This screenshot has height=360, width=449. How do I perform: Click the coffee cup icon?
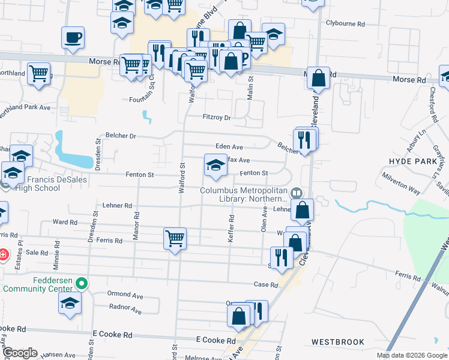[73, 38]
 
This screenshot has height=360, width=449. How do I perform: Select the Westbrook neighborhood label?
[337, 342]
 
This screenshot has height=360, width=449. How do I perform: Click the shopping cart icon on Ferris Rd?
[175, 238]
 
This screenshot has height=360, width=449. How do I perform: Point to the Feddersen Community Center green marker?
[83, 281]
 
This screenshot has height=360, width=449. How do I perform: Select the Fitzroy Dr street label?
[217, 118]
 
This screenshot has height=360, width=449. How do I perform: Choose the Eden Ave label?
[229, 147]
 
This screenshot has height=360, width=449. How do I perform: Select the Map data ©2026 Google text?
[412, 355]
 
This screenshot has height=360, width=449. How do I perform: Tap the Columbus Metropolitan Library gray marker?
[295, 193]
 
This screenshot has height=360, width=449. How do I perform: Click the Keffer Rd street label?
[231, 229]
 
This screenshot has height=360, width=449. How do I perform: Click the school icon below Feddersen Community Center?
[70, 303]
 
